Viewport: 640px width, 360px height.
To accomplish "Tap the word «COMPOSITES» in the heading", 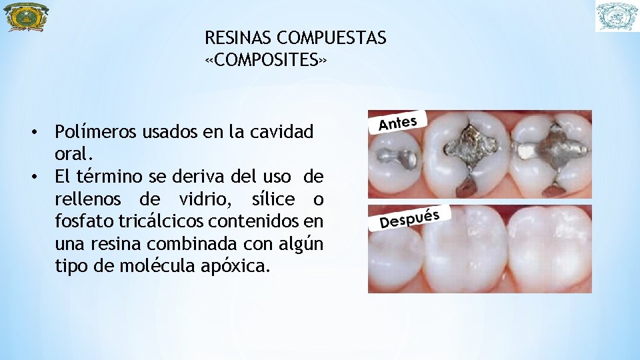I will coord(266,61).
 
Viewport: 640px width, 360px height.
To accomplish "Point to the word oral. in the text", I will coord(73,154).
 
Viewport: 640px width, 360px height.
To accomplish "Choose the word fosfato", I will coord(83,222).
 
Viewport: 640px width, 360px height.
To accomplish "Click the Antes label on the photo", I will coord(398,123).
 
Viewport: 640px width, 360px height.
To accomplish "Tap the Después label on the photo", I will coord(409,218).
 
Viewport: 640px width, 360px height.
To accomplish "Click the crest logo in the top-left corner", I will coord(27,17).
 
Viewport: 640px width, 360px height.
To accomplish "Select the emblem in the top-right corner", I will coord(617,17).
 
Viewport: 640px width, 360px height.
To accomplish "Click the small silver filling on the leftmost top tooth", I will coord(397,159).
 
